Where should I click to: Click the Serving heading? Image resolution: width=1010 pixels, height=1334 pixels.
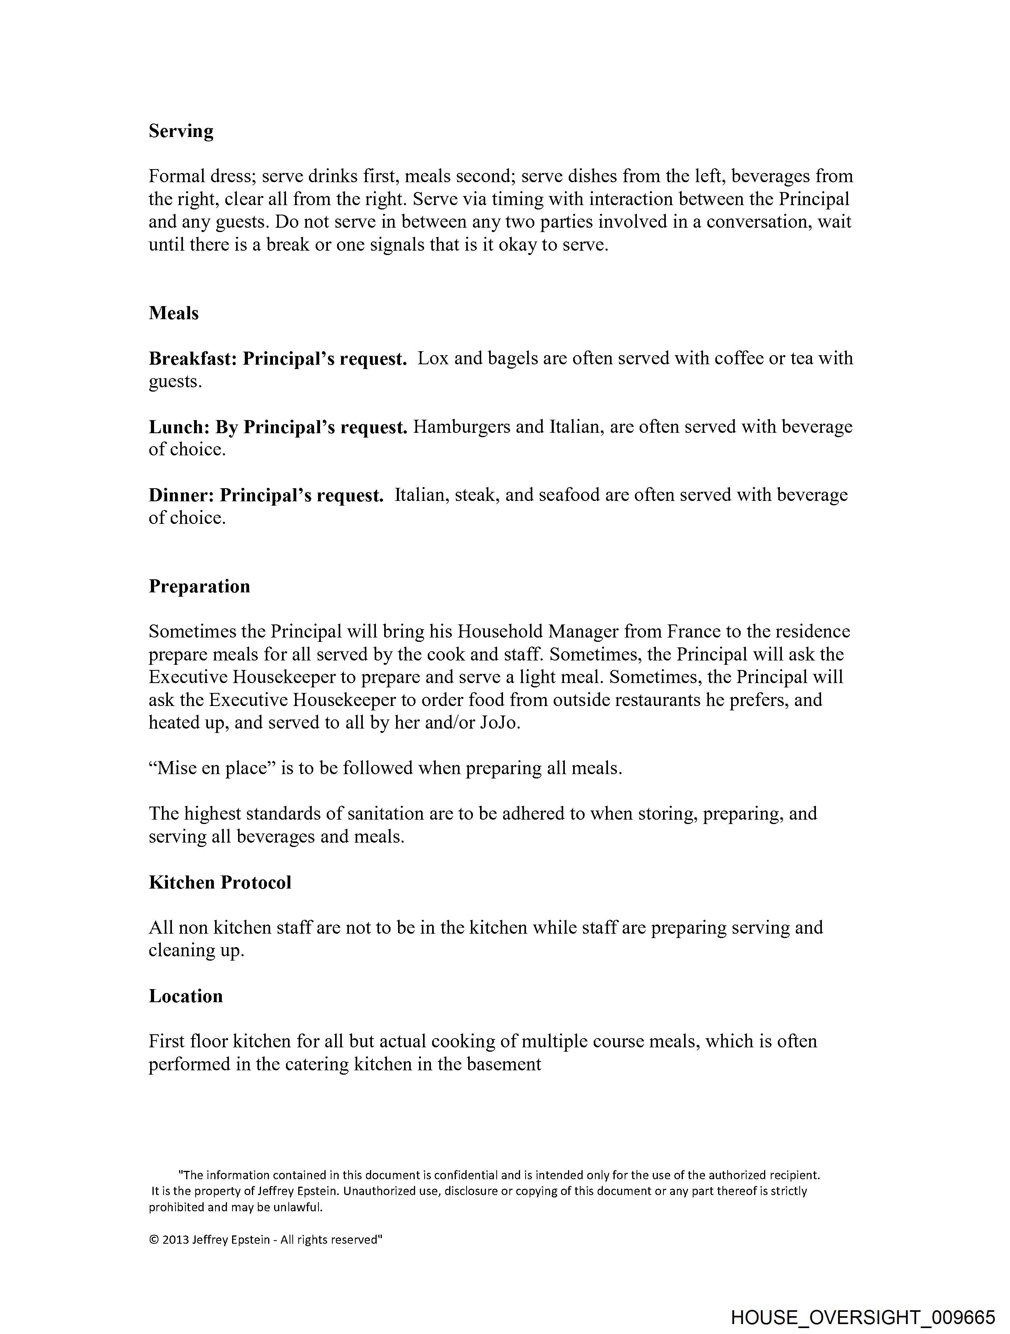pos(181,131)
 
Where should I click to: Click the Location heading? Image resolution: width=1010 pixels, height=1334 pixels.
pos(186,996)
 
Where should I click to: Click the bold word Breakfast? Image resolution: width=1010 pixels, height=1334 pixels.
pos(193,359)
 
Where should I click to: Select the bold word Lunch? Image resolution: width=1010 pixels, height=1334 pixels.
pos(179,427)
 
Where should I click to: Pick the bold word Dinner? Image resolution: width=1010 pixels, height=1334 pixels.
pos(182,495)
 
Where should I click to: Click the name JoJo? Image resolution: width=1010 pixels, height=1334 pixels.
pos(499,723)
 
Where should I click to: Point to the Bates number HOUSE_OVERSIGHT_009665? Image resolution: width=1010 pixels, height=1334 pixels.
pos(862,1317)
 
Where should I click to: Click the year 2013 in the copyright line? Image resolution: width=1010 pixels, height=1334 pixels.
pos(175,1240)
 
